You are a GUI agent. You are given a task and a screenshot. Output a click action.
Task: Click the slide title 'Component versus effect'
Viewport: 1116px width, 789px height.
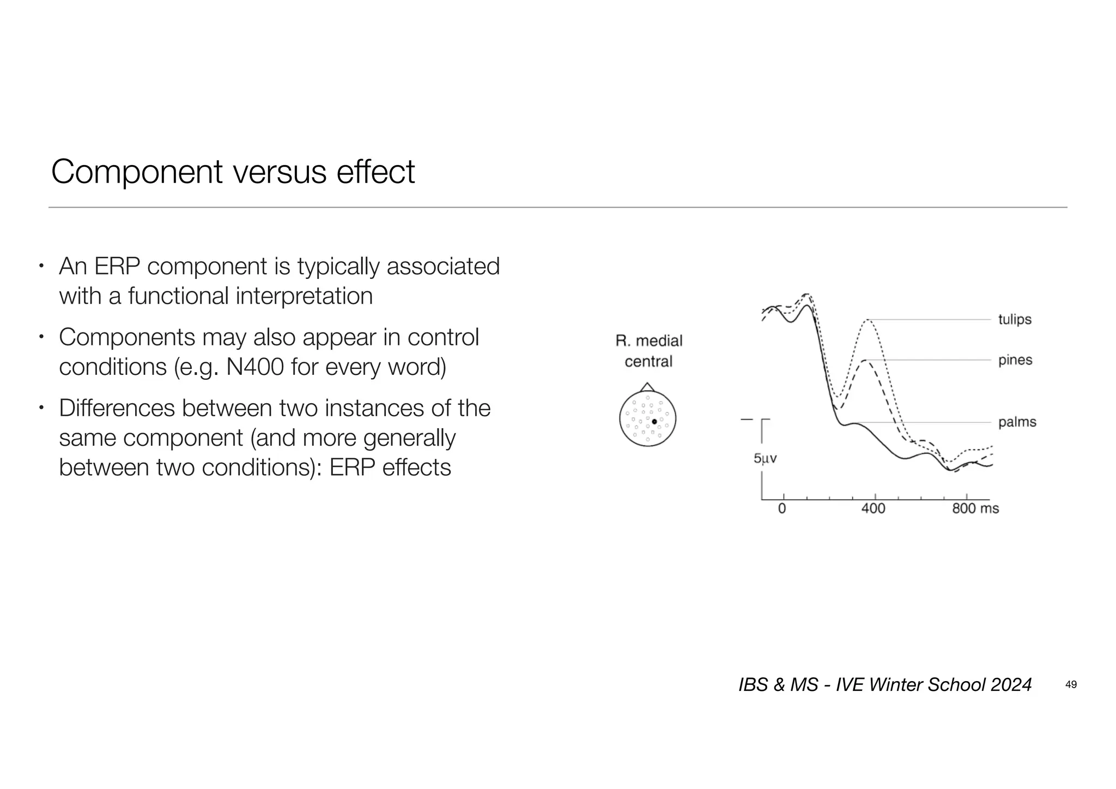[x=233, y=172]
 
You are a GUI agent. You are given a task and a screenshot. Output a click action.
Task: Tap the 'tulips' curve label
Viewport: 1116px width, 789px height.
[x=1015, y=319]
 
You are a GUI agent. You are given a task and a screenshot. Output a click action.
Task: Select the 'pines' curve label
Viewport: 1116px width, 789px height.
[x=1015, y=360]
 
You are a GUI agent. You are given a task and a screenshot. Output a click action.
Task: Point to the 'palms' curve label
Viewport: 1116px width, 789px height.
[x=1017, y=422]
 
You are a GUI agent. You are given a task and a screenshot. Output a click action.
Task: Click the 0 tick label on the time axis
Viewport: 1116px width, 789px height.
[x=782, y=509]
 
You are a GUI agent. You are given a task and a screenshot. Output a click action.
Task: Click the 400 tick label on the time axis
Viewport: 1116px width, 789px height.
[x=873, y=509]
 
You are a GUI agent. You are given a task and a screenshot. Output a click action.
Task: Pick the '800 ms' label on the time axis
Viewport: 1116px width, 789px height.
[x=975, y=509]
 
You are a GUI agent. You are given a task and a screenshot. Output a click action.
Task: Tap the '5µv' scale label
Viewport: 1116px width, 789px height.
[x=765, y=459]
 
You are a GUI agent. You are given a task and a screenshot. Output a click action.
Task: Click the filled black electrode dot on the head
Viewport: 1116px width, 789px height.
[x=654, y=422]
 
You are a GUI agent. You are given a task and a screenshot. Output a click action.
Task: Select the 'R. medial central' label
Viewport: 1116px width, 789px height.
[x=648, y=351]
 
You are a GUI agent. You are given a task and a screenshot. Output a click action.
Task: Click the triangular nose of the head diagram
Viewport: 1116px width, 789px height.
[x=647, y=387]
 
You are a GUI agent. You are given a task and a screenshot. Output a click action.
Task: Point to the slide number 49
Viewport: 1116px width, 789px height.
[x=1071, y=685]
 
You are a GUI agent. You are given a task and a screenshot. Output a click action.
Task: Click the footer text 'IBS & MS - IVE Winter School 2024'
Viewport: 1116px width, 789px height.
[x=885, y=684]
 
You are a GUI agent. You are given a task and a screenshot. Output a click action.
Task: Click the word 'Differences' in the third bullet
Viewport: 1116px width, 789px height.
[x=117, y=408]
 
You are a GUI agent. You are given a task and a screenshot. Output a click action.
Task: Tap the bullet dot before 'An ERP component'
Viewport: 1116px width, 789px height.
[x=41, y=267]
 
